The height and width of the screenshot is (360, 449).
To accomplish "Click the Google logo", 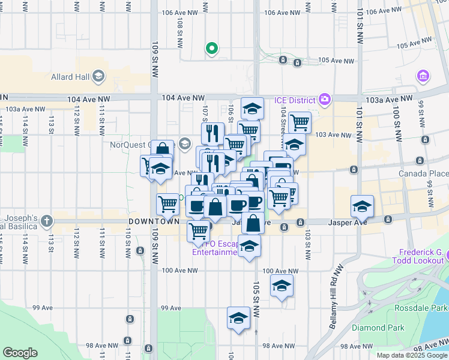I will [20, 353].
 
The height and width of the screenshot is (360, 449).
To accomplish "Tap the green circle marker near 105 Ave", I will [211, 49].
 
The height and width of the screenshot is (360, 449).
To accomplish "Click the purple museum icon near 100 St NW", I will [423, 77].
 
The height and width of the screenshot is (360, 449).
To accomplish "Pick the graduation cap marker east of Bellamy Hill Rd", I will [363, 206].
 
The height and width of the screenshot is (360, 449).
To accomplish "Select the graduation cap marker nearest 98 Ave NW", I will [238, 317].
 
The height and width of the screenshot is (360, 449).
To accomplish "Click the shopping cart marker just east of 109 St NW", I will [167, 204].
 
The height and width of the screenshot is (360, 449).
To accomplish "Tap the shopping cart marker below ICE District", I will [300, 122].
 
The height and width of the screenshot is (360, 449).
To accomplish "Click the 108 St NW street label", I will [180, 32].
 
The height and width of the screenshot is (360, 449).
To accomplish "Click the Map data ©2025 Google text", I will [411, 355].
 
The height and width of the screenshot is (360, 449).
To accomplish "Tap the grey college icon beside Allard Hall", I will [98, 76].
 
